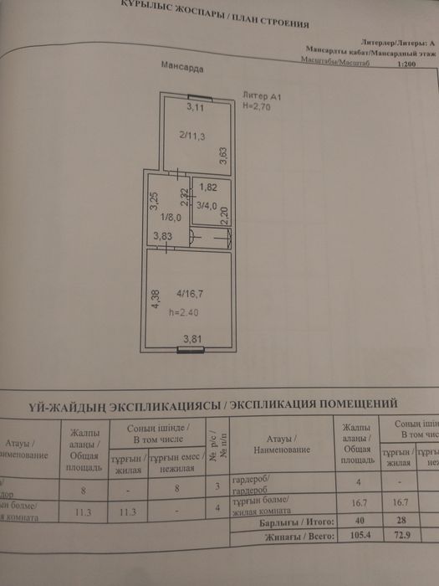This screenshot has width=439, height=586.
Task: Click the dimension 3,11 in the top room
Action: click(195, 108)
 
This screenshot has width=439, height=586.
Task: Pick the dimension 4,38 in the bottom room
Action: click(154, 300)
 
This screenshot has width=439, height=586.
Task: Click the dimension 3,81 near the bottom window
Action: click(193, 339)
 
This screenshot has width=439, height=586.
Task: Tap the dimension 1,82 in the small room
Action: click(207, 188)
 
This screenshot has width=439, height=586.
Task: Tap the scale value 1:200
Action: click(408, 63)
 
